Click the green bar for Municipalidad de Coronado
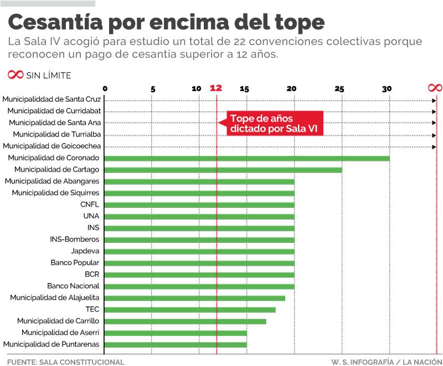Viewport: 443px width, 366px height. (246, 158)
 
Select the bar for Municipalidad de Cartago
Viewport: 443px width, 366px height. (223, 170)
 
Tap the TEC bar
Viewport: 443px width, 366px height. (190, 309)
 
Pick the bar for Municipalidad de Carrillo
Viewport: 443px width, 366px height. (185, 321)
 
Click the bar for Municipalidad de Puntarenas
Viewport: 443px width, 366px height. (176, 344)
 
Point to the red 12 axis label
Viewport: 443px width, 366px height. (216, 88)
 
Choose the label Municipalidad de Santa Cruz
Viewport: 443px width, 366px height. (51, 100)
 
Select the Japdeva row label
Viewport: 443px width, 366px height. (86, 251)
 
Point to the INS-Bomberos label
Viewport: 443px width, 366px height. (75, 240)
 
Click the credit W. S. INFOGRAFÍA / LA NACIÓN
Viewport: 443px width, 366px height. (385, 362)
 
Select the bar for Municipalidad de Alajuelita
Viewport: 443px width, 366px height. (194, 298)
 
